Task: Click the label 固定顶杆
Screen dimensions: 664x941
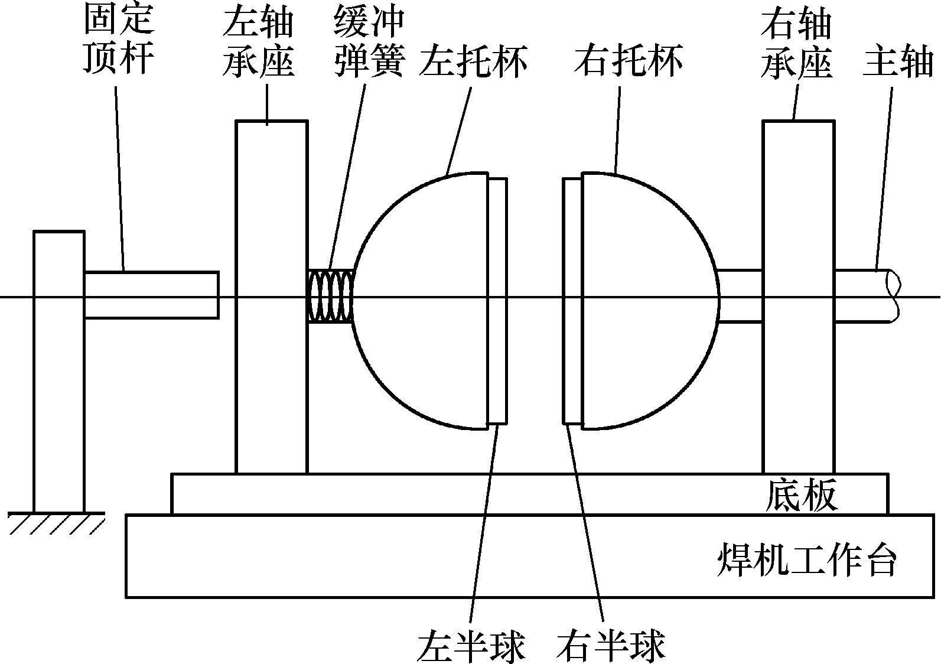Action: [119, 40]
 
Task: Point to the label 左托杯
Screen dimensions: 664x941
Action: [473, 60]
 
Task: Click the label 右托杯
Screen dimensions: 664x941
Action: [628, 60]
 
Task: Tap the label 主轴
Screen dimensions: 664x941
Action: [897, 60]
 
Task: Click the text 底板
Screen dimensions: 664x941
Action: [802, 495]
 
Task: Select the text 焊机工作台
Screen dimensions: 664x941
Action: [807, 559]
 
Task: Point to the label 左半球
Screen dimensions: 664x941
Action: [471, 646]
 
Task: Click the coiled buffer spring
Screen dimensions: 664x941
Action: [330, 296]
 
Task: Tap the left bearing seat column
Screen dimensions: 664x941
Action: [272, 384]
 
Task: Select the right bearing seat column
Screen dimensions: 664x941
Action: [799, 384]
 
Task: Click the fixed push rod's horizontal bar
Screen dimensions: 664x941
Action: [151, 295]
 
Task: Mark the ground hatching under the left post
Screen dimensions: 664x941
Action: [56, 523]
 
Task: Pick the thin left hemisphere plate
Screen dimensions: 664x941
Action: [497, 301]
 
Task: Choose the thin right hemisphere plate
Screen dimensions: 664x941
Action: [572, 301]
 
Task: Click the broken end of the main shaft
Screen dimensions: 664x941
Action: [894, 295]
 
